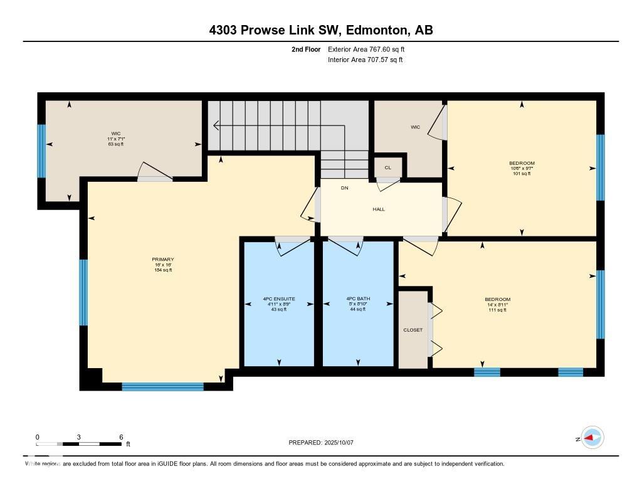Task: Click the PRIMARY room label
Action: [x=162, y=260]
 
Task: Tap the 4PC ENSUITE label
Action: [x=279, y=299]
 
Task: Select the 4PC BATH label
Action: [x=358, y=299]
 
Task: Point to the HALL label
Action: [x=378, y=209]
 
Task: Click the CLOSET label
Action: [x=413, y=330]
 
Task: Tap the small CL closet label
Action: [x=388, y=168]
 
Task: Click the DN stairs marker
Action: [x=344, y=188]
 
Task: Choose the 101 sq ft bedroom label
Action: [x=522, y=168]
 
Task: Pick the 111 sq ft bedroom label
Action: [x=497, y=305]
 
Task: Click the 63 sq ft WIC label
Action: [x=115, y=139]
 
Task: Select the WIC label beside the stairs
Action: [x=415, y=127]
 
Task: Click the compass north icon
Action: [x=592, y=438]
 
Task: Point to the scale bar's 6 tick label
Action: [x=120, y=437]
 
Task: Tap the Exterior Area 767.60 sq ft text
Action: [x=371, y=49]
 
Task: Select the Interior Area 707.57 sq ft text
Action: [x=365, y=60]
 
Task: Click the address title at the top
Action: [x=321, y=30]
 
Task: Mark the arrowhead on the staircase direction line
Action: [x=216, y=126]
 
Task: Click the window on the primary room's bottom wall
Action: [x=162, y=386]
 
